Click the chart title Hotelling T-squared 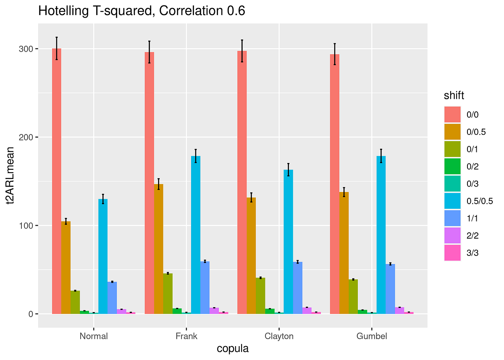click(142, 11)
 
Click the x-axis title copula click(233, 349)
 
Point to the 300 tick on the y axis click(26, 49)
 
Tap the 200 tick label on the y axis click(26, 137)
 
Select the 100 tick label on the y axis click(26, 226)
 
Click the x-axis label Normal click(94, 336)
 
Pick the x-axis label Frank click(186, 336)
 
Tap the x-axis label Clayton click(279, 336)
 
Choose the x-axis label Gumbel click(372, 336)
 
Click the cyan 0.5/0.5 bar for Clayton click(288, 242)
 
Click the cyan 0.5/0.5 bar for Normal click(103, 256)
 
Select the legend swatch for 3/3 click(453, 253)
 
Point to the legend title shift click(454, 95)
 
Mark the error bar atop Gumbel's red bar click(335, 54)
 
